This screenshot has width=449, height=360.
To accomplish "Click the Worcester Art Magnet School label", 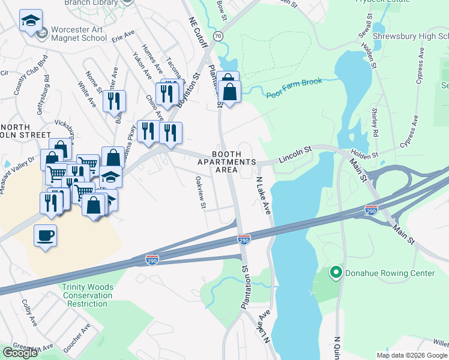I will pos(78,34).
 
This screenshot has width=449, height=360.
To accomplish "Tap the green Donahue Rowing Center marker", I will pos(336,274).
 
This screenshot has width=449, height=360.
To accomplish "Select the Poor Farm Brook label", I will pos(294,88).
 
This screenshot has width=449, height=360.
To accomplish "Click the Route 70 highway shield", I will pos(218,37).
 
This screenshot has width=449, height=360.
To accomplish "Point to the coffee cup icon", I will pos(45,235).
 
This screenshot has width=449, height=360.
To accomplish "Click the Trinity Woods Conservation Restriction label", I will pos(87,295).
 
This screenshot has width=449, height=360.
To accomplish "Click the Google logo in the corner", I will pos(20,353).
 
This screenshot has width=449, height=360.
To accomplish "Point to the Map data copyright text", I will pos(411,355).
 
